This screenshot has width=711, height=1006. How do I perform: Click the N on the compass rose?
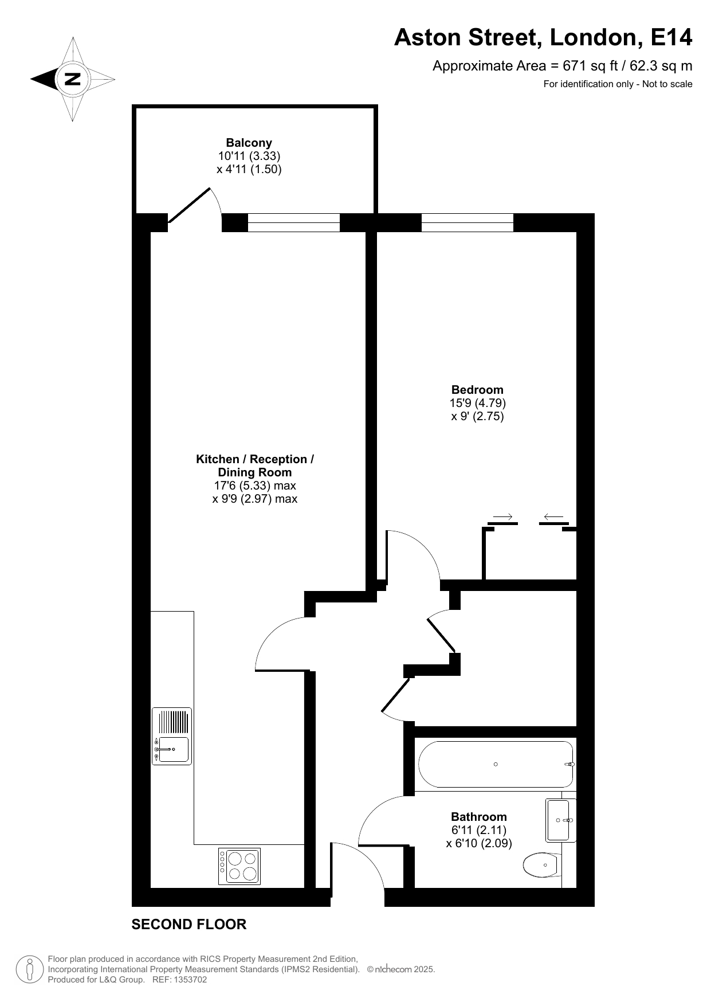73,79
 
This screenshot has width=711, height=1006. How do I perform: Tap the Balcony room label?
249,143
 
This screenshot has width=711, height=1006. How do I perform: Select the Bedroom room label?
477,390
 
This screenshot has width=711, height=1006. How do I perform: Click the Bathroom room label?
479,817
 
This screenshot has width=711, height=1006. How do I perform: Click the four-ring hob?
239,866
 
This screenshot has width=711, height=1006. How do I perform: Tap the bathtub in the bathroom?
496,764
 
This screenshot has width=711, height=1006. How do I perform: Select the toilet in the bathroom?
542,864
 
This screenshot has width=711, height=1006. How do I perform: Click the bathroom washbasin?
560,820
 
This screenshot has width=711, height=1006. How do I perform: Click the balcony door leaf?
189,205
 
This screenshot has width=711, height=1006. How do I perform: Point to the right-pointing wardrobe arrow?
502,517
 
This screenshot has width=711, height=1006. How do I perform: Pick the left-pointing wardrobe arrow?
553,517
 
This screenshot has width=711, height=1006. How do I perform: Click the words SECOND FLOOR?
189,924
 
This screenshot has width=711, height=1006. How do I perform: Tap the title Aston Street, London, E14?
543,38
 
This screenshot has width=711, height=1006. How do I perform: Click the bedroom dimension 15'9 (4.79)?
478,403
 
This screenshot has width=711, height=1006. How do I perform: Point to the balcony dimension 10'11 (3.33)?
249,156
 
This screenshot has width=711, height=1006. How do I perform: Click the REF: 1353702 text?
179,980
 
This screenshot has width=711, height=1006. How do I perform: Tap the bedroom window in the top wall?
468,222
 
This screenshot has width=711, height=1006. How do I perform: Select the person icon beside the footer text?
29,969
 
